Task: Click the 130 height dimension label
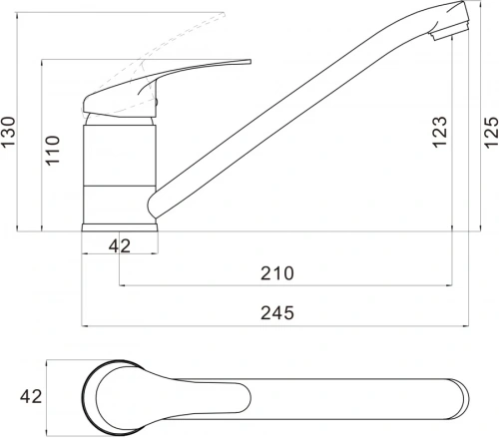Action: click(x=8, y=132)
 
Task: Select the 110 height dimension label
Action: click(x=53, y=151)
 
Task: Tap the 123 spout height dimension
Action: click(x=439, y=132)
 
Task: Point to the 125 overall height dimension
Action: click(x=491, y=133)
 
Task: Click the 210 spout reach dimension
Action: click(x=277, y=273)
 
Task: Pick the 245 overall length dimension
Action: click(x=277, y=312)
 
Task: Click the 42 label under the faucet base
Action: click(x=120, y=246)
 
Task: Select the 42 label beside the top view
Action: click(x=31, y=396)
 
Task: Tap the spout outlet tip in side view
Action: click(x=450, y=32)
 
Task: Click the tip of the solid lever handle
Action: click(x=249, y=61)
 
